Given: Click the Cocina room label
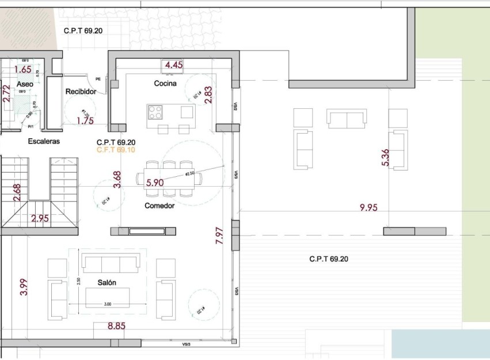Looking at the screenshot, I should click(165, 84).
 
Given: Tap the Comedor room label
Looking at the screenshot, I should click(159, 206).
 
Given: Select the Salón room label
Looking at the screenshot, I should click(107, 283).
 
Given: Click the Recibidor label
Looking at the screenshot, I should click(80, 92).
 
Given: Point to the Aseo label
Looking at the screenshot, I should click(25, 84).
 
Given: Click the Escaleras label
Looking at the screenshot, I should click(44, 141).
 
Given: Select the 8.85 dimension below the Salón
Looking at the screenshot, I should click(116, 326).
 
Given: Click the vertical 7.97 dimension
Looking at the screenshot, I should click(219, 236).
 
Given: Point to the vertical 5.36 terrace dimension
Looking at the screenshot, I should click(385, 158).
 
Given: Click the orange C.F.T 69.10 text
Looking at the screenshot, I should click(116, 150).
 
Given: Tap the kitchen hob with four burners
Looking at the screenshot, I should click(155, 111).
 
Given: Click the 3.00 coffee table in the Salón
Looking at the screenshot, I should click(108, 298).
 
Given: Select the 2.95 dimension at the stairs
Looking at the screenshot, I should click(40, 218).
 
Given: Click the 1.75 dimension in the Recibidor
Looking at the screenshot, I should click(85, 120).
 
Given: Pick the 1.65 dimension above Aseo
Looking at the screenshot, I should click(23, 69).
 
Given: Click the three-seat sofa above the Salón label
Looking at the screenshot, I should click(111, 264).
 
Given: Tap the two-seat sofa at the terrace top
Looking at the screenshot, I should click(346, 118).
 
